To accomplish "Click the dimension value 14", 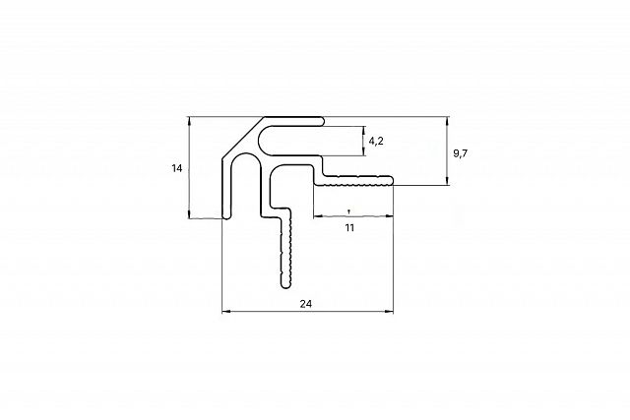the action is click(177, 168).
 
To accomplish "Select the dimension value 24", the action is click(306, 304).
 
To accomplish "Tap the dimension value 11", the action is click(349, 227).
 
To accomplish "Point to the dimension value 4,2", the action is click(376, 141).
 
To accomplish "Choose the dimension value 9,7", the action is click(461, 153).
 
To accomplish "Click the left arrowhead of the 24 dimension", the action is click(225, 311).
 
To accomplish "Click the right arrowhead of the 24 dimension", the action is click(390, 311).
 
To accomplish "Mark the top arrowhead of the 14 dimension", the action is click(189, 120).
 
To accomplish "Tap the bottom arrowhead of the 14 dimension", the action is click(189, 214).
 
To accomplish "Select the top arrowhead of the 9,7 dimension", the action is click(447, 120).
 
